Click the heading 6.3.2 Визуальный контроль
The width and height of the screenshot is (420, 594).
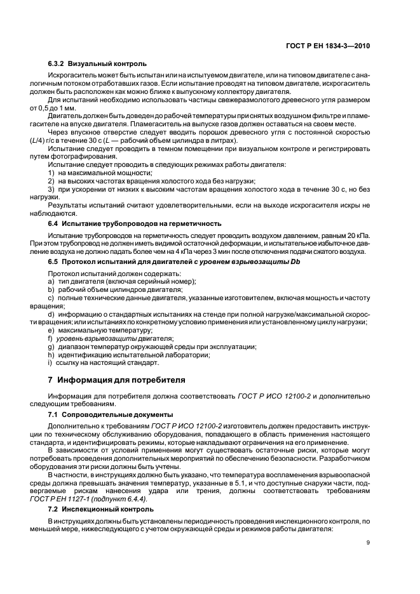point(97,63)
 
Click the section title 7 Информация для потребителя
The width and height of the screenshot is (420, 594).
point(117,380)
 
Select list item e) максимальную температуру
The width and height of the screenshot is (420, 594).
point(97,331)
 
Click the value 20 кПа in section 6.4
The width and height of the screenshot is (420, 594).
point(357,235)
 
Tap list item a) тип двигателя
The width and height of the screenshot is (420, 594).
point(122,281)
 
